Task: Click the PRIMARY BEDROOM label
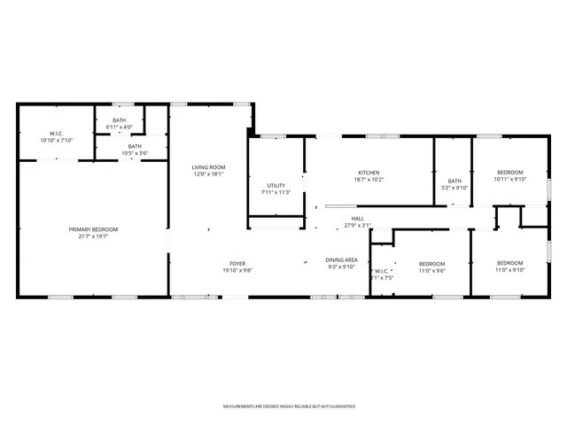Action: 93,229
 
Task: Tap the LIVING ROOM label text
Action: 209,167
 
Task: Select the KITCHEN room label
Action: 369,173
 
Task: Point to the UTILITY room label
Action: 276,186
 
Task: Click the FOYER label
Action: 237,264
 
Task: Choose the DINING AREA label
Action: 342,259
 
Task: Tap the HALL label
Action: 357,219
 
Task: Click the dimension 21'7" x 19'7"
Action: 93,236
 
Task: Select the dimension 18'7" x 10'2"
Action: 369,180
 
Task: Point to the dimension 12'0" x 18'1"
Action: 209,174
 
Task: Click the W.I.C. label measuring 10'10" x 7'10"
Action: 56,134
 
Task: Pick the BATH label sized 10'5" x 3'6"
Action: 135,147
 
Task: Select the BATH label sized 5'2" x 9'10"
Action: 454,181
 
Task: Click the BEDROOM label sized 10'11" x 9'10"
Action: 509,173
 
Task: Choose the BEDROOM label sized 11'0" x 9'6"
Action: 431,264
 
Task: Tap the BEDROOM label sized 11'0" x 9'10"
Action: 509,263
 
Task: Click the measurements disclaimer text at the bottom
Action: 289,406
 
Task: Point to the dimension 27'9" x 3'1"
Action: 357,225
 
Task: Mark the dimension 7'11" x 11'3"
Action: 276,192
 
